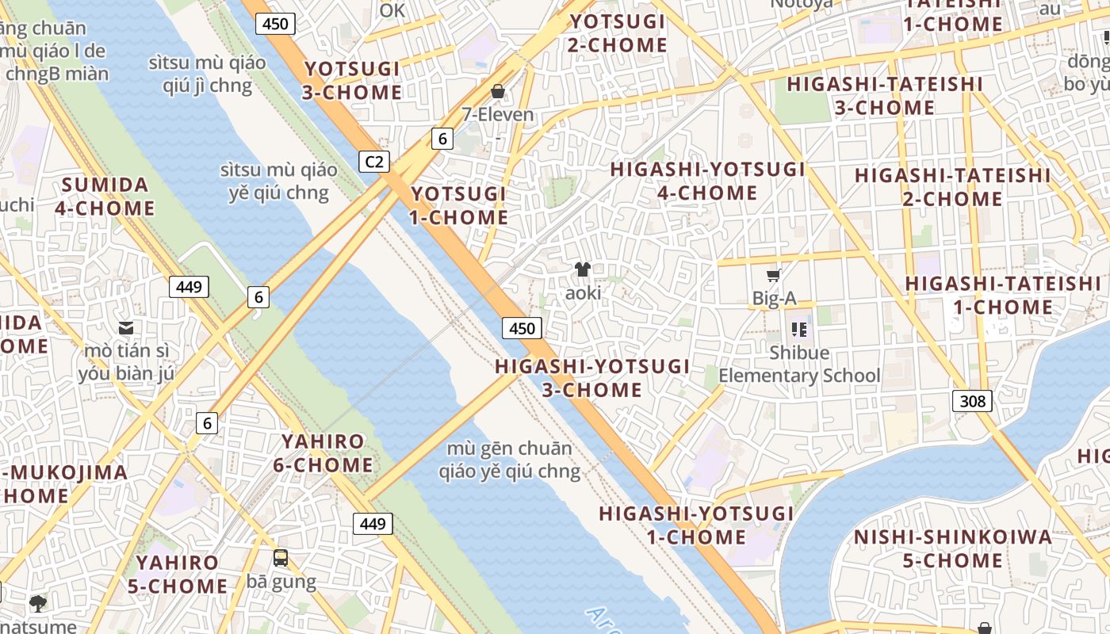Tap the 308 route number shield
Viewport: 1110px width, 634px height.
pos(972,401)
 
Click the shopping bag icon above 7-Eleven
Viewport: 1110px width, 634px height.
pos(498,91)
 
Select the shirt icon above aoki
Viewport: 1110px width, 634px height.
pos(583,269)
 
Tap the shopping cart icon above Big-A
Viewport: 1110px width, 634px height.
pos(774,275)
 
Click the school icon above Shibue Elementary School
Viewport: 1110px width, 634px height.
pos(798,329)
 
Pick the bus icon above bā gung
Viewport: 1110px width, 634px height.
pos(281,558)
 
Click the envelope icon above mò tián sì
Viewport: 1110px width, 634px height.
pos(126,327)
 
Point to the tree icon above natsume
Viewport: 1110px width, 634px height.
pos(37,604)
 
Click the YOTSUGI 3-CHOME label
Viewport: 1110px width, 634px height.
pos(352,81)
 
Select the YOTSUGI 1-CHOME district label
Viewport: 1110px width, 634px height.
pos(459,205)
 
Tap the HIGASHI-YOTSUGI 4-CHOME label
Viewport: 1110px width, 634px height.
pos(707,181)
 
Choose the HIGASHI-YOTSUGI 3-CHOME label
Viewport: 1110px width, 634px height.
pos(592,378)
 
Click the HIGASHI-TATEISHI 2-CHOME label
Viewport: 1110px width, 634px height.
pos(952,187)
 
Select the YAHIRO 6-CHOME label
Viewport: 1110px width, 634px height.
pos(323,453)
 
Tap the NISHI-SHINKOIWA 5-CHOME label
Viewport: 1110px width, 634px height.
pos(952,548)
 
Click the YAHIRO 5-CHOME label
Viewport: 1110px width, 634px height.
pos(178,575)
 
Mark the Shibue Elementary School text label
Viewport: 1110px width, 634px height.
pos(799,365)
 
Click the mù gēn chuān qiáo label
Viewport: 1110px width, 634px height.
pos(509,460)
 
